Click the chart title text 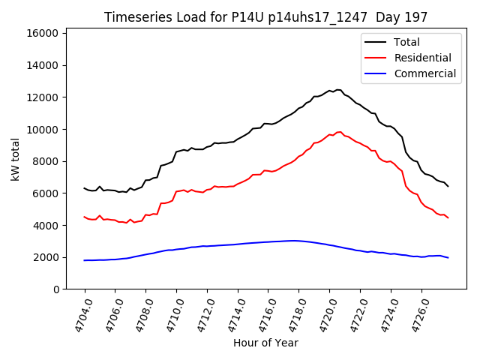coord(266,17)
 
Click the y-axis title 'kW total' coord(16,159)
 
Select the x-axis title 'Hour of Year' coord(266,343)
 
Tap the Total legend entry coord(406,42)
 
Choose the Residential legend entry coord(422,58)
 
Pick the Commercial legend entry coord(424,73)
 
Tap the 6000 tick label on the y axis coord(46,193)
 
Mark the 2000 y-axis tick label coord(46,257)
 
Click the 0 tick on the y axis coord(56,289)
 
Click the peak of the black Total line coord(337,90)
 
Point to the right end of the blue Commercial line coord(448,258)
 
